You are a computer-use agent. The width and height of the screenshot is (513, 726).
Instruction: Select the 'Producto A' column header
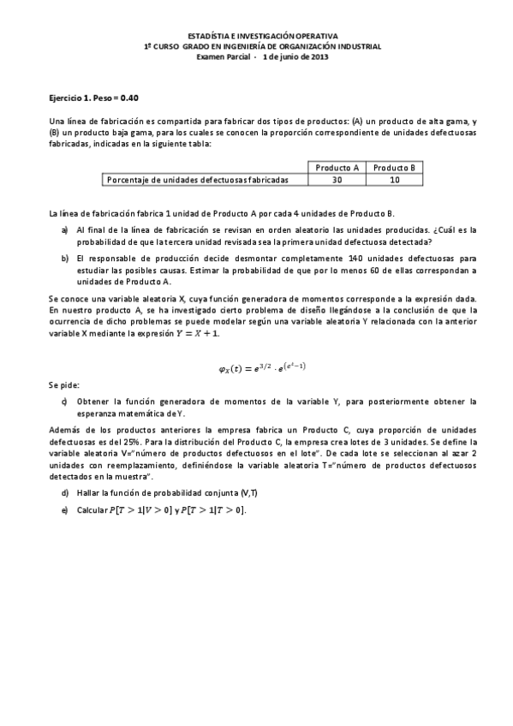click(337, 167)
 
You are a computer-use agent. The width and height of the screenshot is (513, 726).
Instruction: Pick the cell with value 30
click(337, 180)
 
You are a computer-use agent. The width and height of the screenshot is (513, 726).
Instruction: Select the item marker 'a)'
click(65, 229)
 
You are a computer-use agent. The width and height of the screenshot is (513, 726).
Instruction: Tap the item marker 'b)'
click(65, 257)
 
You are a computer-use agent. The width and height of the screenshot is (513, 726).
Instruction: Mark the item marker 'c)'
click(65, 401)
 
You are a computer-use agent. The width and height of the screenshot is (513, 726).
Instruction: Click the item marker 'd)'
click(65, 493)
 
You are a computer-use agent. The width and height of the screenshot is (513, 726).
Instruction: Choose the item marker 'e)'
click(65, 509)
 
